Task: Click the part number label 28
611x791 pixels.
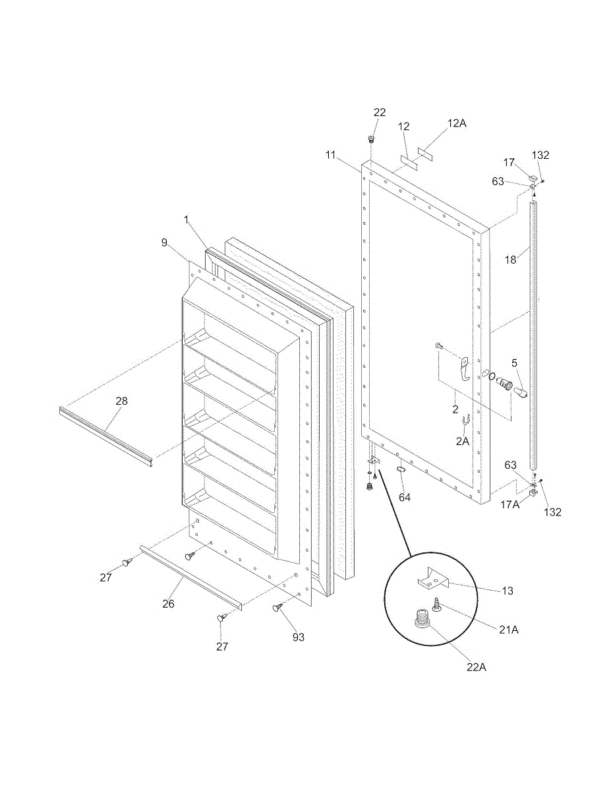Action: point(121,401)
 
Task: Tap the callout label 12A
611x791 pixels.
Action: point(456,123)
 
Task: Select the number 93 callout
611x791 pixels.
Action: point(299,637)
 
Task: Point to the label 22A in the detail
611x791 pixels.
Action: point(476,667)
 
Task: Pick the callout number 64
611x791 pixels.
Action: point(405,498)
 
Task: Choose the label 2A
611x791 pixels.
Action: point(462,442)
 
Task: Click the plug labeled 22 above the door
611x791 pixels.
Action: point(371,139)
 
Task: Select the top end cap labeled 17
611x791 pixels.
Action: point(533,177)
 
